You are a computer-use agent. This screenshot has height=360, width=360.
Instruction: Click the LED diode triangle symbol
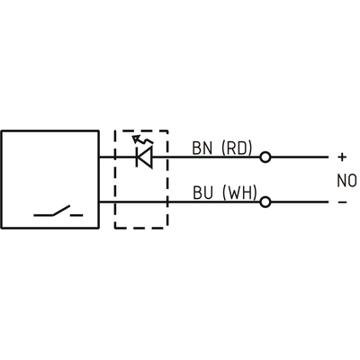coord(144,157)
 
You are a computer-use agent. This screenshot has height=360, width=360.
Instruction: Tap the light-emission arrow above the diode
coord(142,139)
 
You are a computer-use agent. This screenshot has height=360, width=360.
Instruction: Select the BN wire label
coord(202,148)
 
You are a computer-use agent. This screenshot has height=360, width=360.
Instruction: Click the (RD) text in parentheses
coord(237,148)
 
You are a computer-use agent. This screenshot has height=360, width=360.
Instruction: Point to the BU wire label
coord(202,193)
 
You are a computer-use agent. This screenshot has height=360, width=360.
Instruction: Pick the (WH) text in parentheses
coord(239,193)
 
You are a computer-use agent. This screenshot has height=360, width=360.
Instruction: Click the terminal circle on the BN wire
coord(265,157)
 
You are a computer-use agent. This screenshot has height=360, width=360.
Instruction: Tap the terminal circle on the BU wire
coord(265,202)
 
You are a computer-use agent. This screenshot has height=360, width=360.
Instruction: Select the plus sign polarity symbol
coord(342,157)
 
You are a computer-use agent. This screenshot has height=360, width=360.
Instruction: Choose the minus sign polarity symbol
coord(342,202)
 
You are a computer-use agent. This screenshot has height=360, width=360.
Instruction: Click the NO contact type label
coord(346,181)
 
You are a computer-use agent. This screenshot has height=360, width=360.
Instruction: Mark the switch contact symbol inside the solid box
coord(58,211)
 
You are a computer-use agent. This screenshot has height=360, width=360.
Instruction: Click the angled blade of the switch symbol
coord(61,211)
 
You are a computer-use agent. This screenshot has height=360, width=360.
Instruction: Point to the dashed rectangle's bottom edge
coord(141,228)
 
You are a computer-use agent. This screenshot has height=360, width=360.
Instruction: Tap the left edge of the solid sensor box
coord(2,179)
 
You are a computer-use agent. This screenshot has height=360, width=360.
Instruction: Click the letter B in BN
coord(197,148)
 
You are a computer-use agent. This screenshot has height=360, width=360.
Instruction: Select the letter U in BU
coord(208,193)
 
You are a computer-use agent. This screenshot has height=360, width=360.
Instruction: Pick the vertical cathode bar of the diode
coord(137,157)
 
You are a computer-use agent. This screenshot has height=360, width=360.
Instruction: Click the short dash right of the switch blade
coord(76,215)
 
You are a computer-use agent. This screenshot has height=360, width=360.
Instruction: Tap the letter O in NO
coord(352,181)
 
